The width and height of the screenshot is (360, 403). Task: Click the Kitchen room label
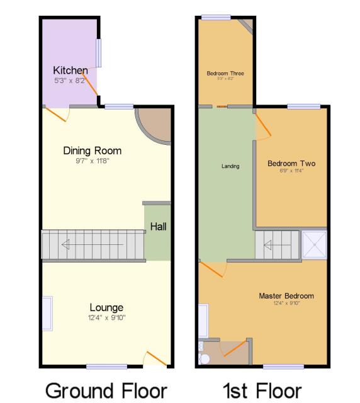70,70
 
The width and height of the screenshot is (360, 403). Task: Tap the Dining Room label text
92,150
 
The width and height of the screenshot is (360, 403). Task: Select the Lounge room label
106,307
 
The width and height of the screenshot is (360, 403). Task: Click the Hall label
158,227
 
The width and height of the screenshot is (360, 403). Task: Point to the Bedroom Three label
225,74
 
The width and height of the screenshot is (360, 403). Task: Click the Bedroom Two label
291,164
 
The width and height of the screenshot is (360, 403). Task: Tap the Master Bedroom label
286,295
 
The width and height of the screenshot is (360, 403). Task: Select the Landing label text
230,166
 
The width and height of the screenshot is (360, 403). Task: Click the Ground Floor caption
106,390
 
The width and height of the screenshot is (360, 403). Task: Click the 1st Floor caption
262,390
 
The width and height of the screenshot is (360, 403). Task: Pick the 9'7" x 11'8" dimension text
92,161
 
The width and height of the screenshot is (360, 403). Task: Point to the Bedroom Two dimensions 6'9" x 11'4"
291,171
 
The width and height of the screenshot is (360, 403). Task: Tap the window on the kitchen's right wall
98,54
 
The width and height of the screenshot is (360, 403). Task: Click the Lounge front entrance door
155,359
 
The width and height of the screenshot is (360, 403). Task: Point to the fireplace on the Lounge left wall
47,313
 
